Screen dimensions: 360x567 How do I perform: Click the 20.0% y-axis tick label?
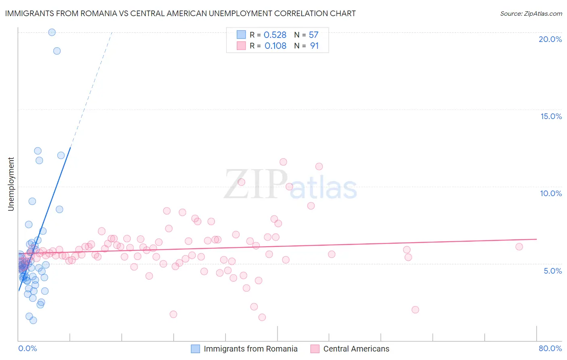click(x=550, y=39)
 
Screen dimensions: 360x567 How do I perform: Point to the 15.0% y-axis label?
click(x=551, y=116)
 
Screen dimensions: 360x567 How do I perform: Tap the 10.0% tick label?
click(x=551, y=193)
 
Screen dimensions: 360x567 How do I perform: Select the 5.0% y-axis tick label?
click(x=552, y=271)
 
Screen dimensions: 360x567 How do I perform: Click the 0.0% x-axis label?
click(x=27, y=348)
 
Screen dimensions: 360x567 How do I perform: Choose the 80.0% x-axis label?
click(x=550, y=348)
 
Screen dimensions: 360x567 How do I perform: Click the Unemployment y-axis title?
click(x=11, y=184)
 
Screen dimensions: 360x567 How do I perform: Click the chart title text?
click(x=180, y=13)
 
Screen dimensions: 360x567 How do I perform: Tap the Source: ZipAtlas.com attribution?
click(x=531, y=13)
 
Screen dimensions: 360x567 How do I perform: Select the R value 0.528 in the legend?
click(x=275, y=35)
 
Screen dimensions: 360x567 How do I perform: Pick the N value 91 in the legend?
click(x=314, y=46)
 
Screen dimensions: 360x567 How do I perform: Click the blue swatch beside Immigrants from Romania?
click(x=195, y=349)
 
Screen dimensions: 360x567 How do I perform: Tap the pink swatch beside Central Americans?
click(x=315, y=349)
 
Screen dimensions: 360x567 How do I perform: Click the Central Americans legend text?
click(x=356, y=349)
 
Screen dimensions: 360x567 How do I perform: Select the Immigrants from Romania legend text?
click(x=250, y=349)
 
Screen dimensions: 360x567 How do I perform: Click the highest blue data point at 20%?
click(x=52, y=32)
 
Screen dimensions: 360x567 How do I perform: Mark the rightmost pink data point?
click(x=519, y=247)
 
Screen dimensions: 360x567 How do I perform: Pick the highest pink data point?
click(x=283, y=162)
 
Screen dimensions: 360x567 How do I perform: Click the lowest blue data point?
click(x=33, y=320)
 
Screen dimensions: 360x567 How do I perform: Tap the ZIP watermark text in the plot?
click(x=256, y=184)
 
